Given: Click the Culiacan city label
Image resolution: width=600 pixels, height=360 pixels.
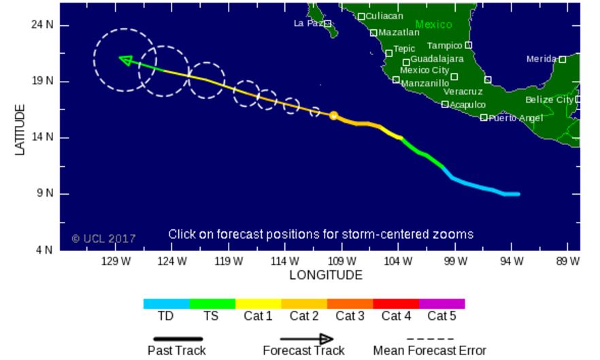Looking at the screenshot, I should [384, 16].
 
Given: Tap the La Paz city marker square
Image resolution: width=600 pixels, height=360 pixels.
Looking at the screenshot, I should [327, 24].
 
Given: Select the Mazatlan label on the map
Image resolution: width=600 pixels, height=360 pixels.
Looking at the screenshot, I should [399, 32].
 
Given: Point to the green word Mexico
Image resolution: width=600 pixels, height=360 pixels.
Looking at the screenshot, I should [433, 24].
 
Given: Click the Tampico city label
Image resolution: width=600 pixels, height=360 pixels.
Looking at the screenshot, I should [444, 46].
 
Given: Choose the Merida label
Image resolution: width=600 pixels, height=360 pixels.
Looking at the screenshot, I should [541, 59].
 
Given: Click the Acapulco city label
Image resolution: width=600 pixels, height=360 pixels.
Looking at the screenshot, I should [468, 105].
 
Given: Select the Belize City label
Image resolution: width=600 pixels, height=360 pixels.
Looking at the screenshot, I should [549, 100].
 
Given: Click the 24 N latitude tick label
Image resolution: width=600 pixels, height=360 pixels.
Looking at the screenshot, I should [41, 24].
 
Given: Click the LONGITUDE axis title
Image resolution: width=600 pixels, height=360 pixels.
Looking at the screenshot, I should [326, 276].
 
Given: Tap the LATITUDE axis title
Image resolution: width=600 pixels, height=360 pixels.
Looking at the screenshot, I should [20, 129].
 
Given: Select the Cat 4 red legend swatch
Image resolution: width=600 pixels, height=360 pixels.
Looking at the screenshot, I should [396, 304].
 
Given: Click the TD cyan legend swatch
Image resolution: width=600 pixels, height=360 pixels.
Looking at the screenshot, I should [166, 304].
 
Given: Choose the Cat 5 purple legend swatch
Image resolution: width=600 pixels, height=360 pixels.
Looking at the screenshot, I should [441, 304].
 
